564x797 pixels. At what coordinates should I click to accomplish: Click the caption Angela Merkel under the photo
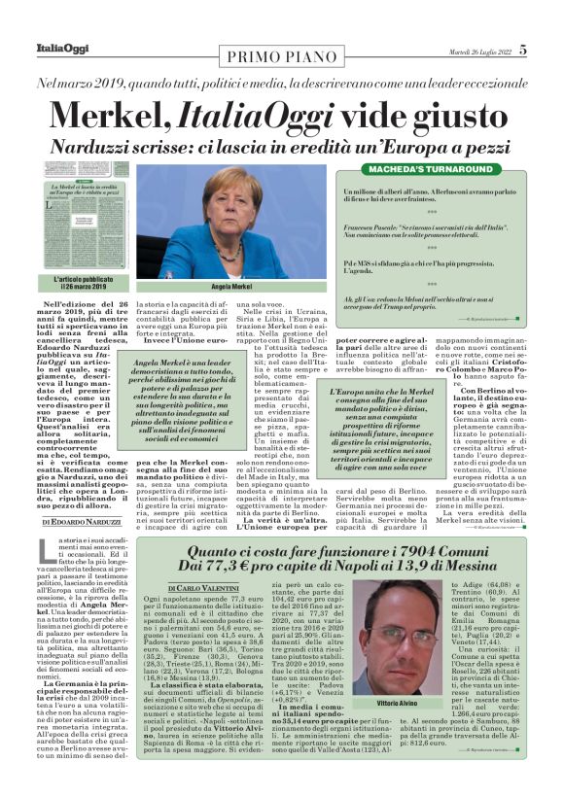point(231,289)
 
